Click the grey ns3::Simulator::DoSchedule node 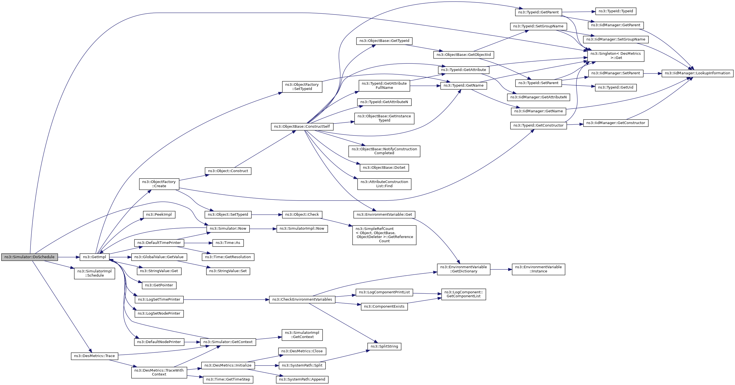pos(29,257)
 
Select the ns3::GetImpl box pos(94,257)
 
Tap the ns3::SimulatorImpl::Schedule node pos(94,273)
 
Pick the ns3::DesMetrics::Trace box pos(94,356)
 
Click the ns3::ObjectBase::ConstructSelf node pos(302,127)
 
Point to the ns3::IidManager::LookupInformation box pos(697,73)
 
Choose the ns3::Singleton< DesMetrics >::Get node pos(615,56)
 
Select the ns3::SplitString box pos(384,346)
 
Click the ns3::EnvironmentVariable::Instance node pos(538,269)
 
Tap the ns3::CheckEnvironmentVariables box pos(302,300)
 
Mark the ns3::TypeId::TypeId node pos(616,11)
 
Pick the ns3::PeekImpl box pos(159,215)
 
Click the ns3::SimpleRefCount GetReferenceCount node pos(384,235)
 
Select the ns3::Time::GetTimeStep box pos(228,380)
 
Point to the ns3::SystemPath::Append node pos(302,380)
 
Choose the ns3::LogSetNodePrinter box pos(159,314)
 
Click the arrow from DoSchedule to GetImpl pos(69,257)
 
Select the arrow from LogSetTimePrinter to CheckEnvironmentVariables pos(226,300)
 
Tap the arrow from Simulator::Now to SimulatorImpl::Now pos(263,229)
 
